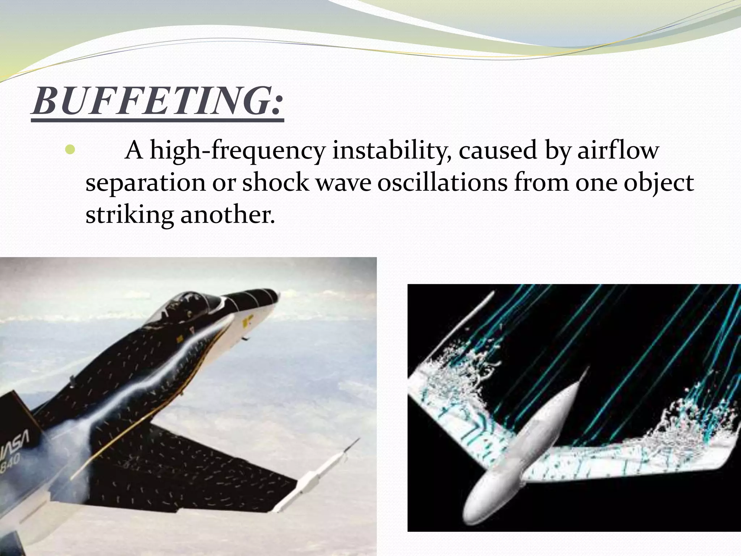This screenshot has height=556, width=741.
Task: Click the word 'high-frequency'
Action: pos(237,151)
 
